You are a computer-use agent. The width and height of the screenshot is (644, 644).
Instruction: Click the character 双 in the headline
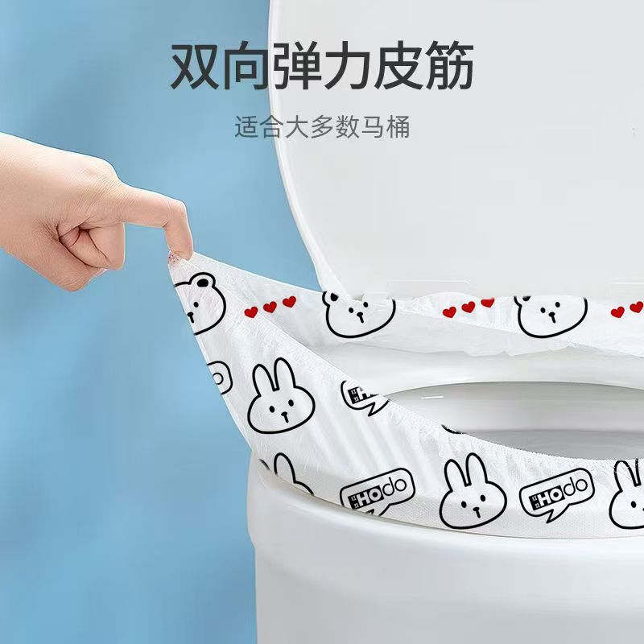[195, 65]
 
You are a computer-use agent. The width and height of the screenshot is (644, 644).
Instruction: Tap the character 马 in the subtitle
[373, 127]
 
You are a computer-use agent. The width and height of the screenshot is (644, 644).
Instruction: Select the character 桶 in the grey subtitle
[398, 127]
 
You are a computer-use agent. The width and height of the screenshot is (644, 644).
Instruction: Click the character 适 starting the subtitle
[247, 127]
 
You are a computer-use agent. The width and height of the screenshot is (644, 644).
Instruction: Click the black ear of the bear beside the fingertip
[202, 283]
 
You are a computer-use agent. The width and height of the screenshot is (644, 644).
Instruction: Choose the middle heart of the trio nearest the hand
[270, 307]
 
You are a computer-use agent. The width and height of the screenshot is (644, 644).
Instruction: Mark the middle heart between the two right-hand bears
[469, 307]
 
